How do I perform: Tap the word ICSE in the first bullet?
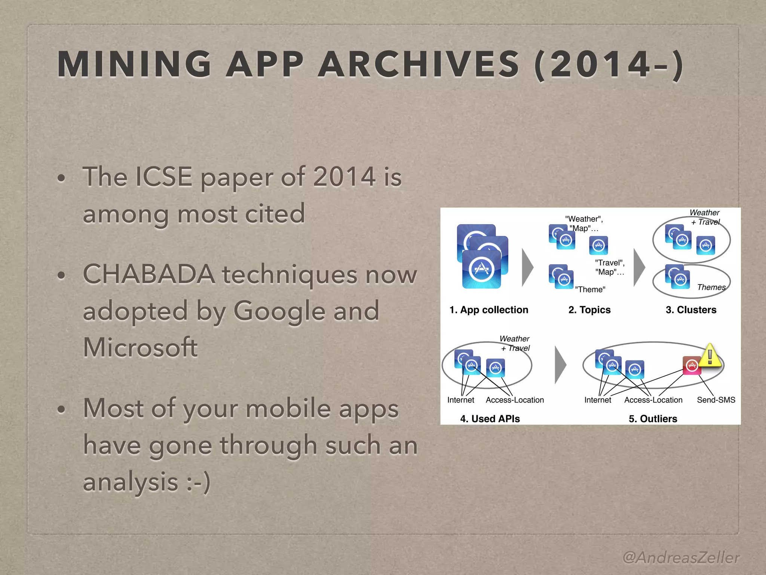(163, 177)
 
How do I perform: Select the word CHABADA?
(149, 274)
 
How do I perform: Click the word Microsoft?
(140, 347)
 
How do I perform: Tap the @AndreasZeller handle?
(681, 557)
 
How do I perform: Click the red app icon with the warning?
(692, 365)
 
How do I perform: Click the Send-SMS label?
(716, 400)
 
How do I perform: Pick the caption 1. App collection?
(488, 310)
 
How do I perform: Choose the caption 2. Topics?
(589, 310)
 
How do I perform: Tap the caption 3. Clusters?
(691, 310)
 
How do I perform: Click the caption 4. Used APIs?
(490, 419)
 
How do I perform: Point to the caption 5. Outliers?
(653, 419)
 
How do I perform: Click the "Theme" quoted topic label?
(590, 289)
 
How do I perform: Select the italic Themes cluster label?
(711, 287)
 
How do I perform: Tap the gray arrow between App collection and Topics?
(527, 267)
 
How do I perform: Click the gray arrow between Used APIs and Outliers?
(560, 365)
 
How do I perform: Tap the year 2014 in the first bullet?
(344, 177)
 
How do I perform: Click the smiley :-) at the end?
(198, 482)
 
